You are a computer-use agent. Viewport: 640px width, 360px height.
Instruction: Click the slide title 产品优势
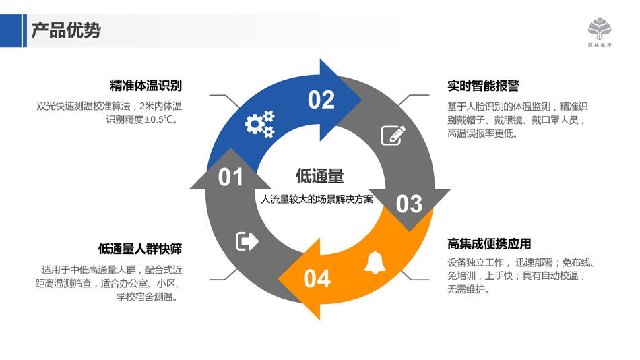[66, 30]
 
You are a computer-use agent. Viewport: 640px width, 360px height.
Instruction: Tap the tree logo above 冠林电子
[600, 28]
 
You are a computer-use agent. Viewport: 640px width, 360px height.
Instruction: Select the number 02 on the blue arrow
[321, 100]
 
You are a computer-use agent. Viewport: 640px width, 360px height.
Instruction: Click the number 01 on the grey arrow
[230, 177]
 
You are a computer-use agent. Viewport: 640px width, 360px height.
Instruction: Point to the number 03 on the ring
[409, 204]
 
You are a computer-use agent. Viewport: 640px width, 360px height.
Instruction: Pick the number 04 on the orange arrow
[317, 278]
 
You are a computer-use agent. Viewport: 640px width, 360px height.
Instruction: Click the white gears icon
[259, 124]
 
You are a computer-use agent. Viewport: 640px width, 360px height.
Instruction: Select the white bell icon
[375, 263]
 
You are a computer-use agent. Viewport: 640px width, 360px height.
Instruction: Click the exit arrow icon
[247, 241]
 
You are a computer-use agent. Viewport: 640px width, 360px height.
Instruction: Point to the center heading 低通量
[320, 176]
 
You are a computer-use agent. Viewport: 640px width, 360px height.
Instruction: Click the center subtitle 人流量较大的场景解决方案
[317, 200]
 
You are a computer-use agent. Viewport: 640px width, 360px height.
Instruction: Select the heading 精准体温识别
[146, 86]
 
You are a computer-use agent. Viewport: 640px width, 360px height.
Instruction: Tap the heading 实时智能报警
[483, 86]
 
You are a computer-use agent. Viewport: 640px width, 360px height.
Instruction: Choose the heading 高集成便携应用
[489, 244]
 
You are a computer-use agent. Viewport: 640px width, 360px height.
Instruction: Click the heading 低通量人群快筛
[140, 249]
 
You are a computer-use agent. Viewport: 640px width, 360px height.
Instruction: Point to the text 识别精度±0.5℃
[142, 120]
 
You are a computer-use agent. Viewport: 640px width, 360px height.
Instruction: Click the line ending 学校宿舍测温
[148, 297]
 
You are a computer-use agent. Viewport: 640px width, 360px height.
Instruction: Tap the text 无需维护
[468, 289]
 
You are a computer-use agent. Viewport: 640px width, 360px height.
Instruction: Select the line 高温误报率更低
[482, 133]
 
